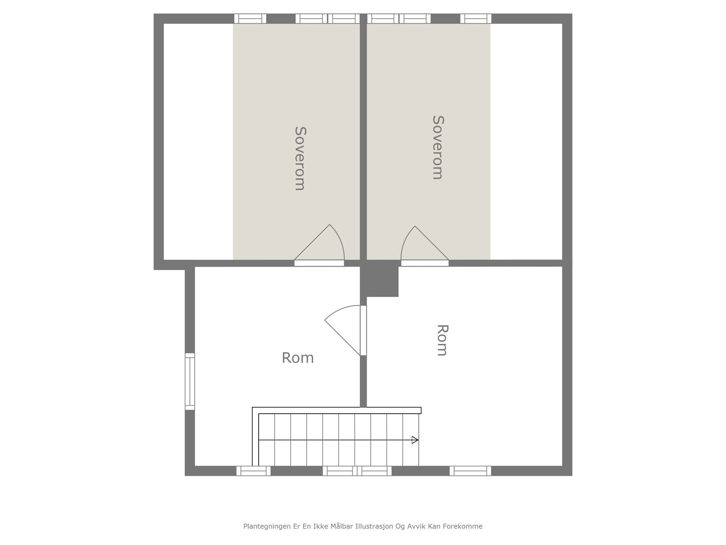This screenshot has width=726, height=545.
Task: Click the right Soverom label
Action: [x=437, y=147]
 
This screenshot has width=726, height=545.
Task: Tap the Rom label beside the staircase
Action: [x=298, y=358]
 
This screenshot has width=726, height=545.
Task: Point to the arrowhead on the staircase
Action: [x=415, y=440]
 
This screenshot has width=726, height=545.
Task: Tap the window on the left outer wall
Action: [x=190, y=381]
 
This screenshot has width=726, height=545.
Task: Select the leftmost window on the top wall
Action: [x=250, y=19]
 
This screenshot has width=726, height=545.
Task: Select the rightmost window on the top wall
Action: [x=476, y=19]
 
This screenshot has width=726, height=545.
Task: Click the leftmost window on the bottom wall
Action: [x=253, y=471]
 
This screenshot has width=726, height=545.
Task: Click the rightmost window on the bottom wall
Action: [x=470, y=471]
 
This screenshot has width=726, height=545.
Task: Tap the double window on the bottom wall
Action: [x=357, y=471]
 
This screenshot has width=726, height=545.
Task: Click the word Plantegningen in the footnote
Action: [x=265, y=526]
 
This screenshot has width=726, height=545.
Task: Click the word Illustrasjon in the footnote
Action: [x=375, y=526]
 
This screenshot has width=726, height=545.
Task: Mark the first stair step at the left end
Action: [x=266, y=440]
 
